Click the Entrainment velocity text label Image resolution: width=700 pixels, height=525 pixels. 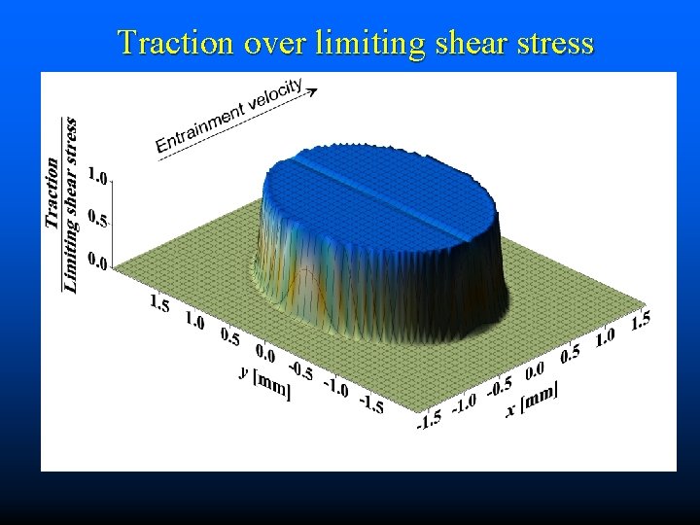229,116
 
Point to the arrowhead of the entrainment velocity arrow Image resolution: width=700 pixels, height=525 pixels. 313,92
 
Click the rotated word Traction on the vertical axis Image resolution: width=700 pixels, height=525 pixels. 52,193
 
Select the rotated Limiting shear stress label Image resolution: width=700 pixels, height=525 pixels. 70,203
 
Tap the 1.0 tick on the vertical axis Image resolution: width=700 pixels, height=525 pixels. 98,177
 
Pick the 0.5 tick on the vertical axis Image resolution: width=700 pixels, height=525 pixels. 98,221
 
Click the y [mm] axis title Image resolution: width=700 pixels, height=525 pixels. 263,379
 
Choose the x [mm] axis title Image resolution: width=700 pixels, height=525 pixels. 532,400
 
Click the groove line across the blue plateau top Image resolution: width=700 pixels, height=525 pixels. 374,185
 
